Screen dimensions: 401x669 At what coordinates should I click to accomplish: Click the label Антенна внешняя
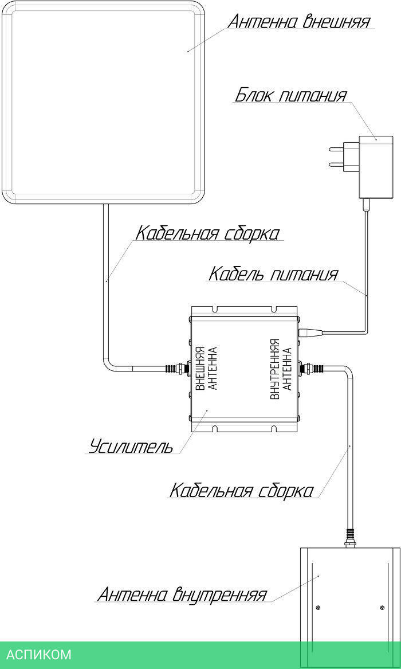[299, 21]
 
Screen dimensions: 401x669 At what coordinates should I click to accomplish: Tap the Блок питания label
[291, 95]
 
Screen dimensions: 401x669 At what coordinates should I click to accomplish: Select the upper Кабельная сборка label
[207, 233]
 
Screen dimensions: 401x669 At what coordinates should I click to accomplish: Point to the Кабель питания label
[273, 274]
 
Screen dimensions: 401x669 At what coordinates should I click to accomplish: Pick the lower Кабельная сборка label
[241, 491]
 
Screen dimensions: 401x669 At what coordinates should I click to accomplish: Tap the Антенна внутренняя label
[182, 594]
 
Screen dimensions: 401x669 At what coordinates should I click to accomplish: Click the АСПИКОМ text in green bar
[39, 655]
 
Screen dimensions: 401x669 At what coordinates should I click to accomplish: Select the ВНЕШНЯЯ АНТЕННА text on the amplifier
[206, 369]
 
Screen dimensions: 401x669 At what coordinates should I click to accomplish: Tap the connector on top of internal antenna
[349, 537]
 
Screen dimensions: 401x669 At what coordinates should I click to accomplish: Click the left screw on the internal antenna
[319, 608]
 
